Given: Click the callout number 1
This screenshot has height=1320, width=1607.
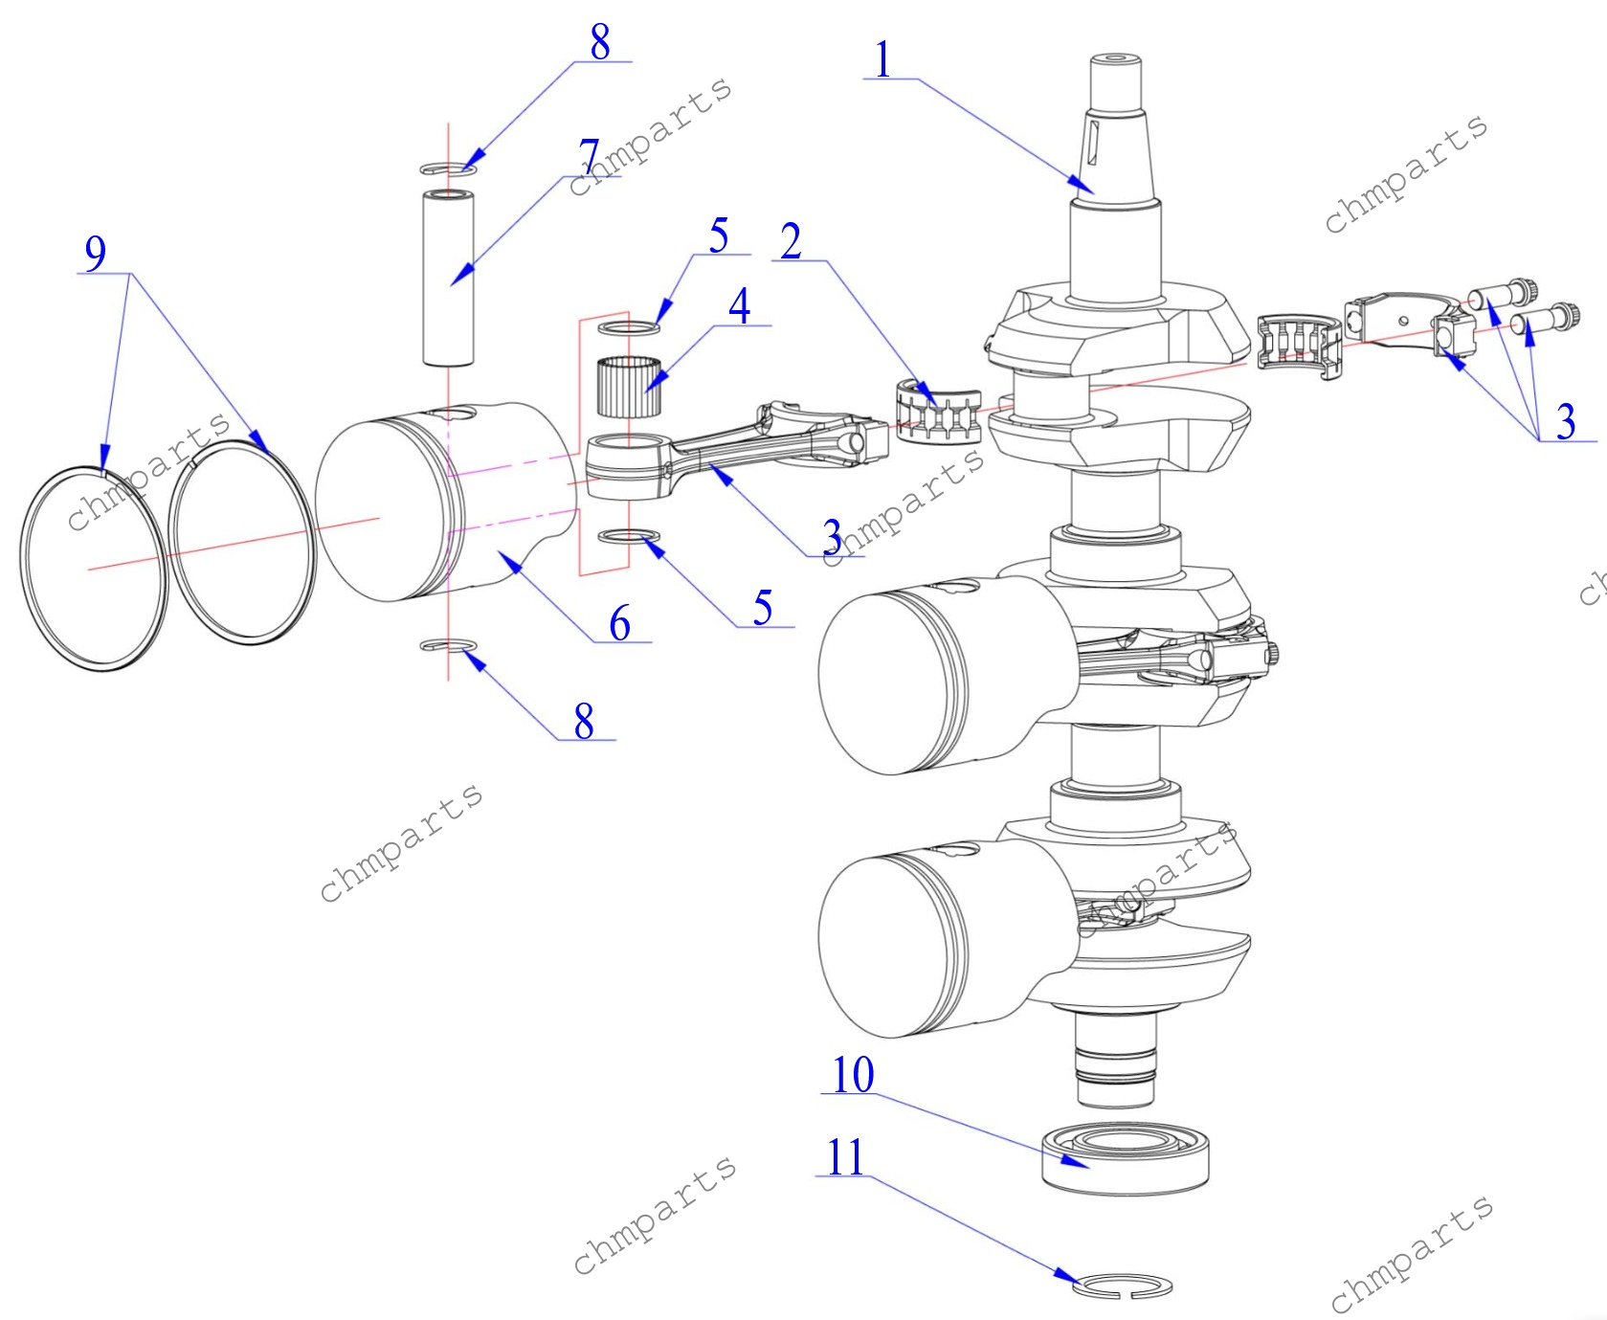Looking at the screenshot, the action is [x=882, y=59].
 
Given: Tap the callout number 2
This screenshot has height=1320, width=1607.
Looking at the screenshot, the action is [x=791, y=241].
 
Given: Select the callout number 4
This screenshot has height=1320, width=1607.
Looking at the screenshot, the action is [x=739, y=306].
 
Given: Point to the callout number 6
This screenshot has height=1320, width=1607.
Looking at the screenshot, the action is [x=620, y=623].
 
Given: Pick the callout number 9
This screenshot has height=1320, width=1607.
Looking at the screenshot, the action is [x=96, y=254].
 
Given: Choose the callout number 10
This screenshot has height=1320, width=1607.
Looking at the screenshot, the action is [x=853, y=1075].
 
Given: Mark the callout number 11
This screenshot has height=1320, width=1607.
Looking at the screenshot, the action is [x=846, y=1157].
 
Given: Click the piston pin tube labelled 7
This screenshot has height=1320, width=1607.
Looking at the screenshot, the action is [x=449, y=278].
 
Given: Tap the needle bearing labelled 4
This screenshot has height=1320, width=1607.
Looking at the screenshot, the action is [x=629, y=386].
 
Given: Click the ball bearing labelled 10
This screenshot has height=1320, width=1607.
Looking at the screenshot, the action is [x=1125, y=1159].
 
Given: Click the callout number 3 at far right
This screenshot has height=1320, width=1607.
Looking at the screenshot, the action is [x=1566, y=421].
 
